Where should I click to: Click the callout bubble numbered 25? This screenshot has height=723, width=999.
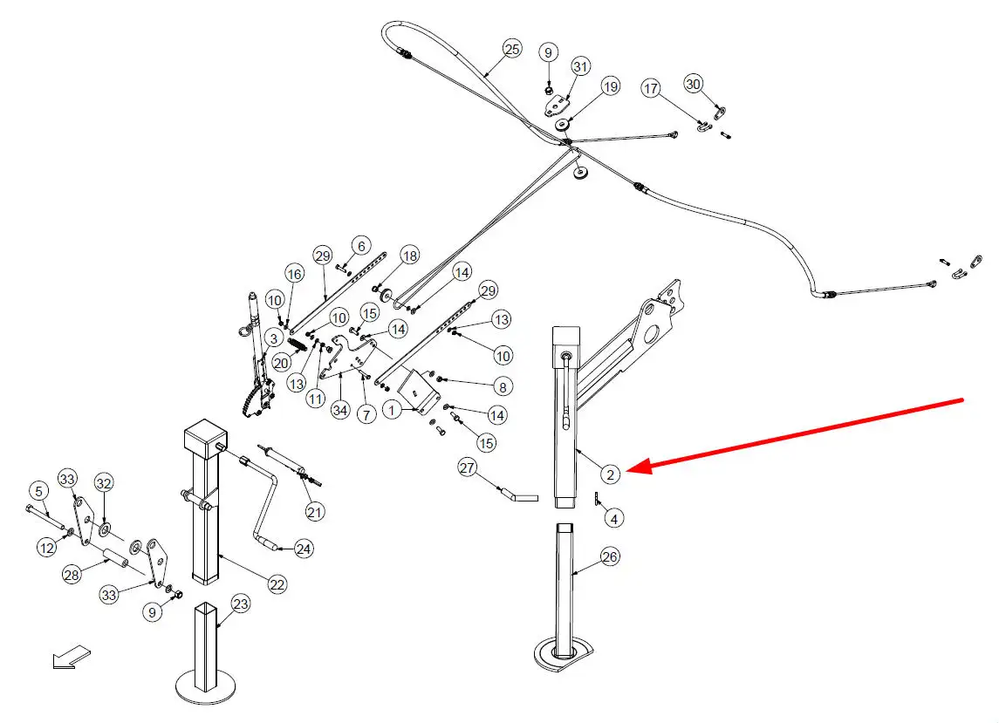click(512, 49)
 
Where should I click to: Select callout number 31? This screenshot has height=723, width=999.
click(581, 67)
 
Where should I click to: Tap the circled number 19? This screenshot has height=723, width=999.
click(610, 86)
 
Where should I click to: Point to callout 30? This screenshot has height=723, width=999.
click(694, 85)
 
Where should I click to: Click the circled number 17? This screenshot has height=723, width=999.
click(652, 88)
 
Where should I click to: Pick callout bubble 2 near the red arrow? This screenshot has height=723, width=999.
click(611, 474)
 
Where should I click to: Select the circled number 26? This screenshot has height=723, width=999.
click(611, 556)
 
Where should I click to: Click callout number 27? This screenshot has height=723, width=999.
click(468, 468)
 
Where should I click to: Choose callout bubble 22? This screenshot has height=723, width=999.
click(277, 585)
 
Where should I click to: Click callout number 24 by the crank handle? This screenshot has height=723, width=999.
click(303, 549)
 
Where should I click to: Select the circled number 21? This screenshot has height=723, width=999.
click(315, 511)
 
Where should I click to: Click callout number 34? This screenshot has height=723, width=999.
click(341, 409)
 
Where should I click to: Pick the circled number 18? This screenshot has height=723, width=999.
click(409, 255)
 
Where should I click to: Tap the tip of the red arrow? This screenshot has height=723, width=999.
click(629, 468)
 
